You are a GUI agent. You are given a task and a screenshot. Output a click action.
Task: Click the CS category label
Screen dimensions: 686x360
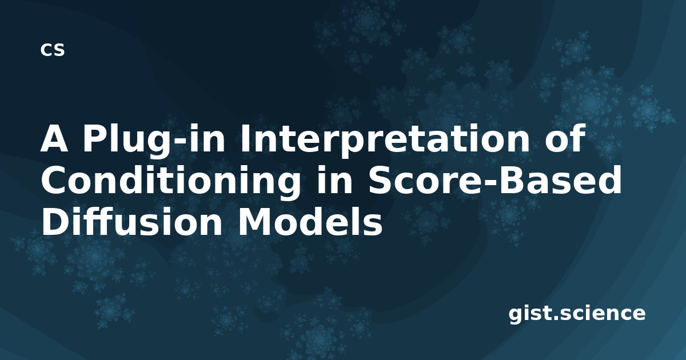tap(53, 50)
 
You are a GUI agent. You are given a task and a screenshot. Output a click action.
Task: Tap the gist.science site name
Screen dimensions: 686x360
tap(577, 314)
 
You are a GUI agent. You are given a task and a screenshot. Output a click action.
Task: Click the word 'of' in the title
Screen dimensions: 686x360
tap(564, 138)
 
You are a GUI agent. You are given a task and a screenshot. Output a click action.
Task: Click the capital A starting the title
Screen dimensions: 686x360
tap(54, 138)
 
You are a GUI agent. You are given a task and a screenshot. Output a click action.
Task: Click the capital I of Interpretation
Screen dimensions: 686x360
tap(245, 138)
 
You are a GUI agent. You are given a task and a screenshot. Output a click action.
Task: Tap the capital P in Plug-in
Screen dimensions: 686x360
tap(94, 138)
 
